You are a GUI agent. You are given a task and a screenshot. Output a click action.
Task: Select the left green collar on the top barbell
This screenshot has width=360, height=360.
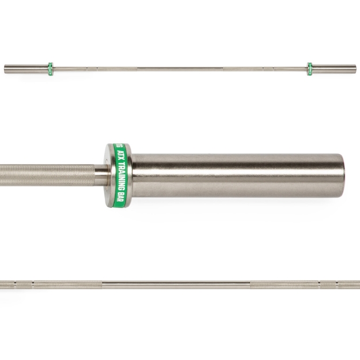point(50,69)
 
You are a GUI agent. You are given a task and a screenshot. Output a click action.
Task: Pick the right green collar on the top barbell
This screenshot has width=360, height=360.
point(310,69)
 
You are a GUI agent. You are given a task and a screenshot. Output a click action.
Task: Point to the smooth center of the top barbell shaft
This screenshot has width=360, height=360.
point(180,69)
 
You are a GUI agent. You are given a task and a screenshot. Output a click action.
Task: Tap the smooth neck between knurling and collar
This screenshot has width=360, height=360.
point(100,173)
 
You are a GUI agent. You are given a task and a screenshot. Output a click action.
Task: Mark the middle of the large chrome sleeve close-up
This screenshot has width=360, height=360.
point(236,176)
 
